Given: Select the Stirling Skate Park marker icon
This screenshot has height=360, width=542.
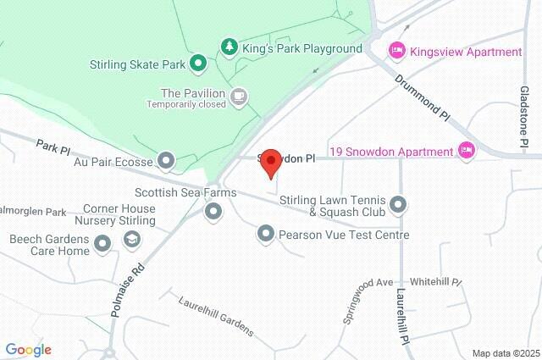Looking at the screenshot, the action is point(198,64).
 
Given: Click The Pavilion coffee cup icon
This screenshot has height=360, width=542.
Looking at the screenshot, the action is point(240,97).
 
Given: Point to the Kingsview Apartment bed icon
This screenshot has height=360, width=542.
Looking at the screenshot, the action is point(396,52).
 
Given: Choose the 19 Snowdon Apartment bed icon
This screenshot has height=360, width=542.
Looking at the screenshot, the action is point(465,151).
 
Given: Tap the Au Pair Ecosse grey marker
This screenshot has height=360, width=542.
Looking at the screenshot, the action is point(166,160).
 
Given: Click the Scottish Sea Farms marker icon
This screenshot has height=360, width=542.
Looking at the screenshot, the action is point(213,209).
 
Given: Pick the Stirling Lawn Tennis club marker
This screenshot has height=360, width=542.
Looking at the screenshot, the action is point(399,205).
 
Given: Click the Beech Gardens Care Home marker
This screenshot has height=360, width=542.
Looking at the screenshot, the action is point(103,245).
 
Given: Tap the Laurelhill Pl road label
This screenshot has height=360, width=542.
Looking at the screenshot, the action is point(402,316).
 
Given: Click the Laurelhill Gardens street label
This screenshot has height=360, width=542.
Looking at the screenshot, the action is point(216,315).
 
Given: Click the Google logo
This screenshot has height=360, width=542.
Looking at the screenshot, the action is point(28,350).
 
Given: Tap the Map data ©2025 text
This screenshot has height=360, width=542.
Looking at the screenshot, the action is point(505,353).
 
